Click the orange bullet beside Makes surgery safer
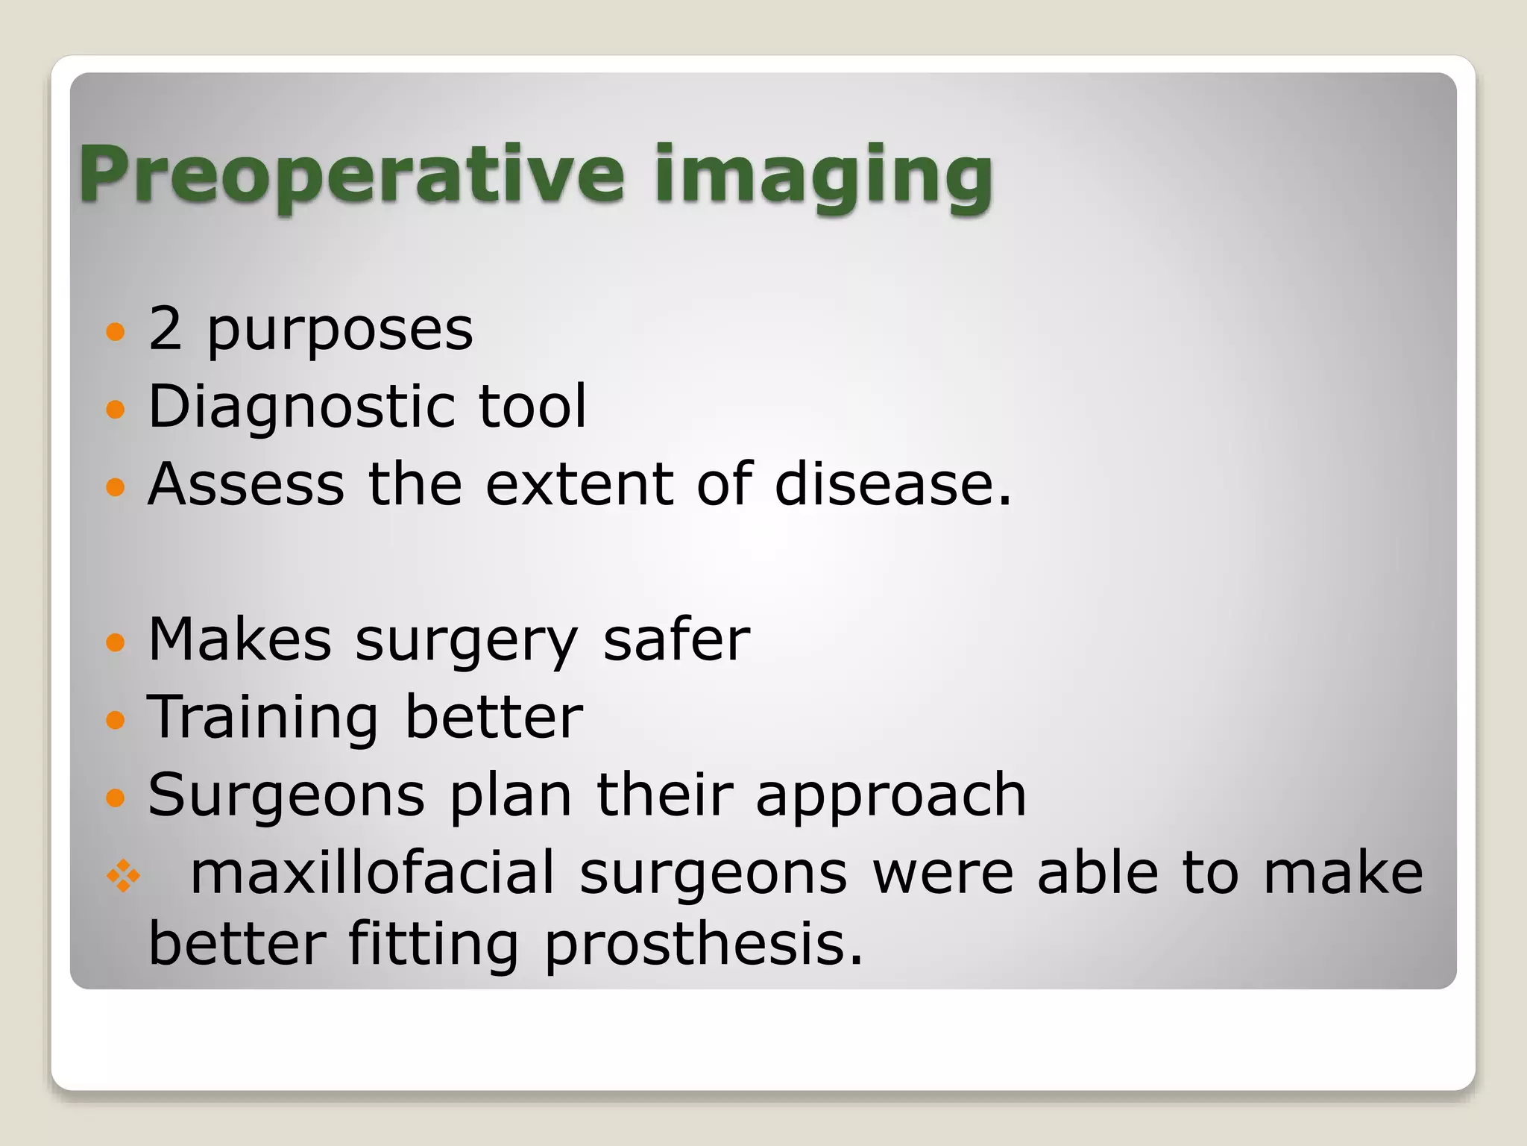pyautogui.click(x=115, y=642)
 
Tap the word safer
pyautogui.click(x=676, y=640)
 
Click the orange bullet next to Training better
pyautogui.click(x=115, y=720)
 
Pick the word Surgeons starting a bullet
pyautogui.click(x=286, y=796)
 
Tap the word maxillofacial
pyautogui.click(x=373, y=873)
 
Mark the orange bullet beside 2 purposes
pyautogui.click(x=115, y=331)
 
